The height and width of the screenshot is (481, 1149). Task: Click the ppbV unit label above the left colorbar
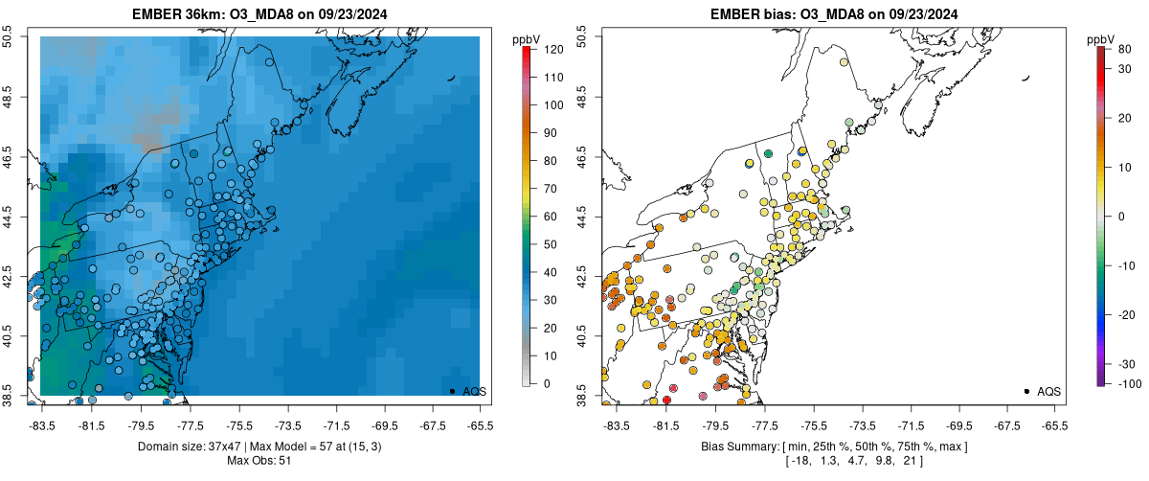(x=527, y=38)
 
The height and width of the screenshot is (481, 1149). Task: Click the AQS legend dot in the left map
(x=452, y=391)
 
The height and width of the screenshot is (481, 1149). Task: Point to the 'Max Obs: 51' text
(x=260, y=461)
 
